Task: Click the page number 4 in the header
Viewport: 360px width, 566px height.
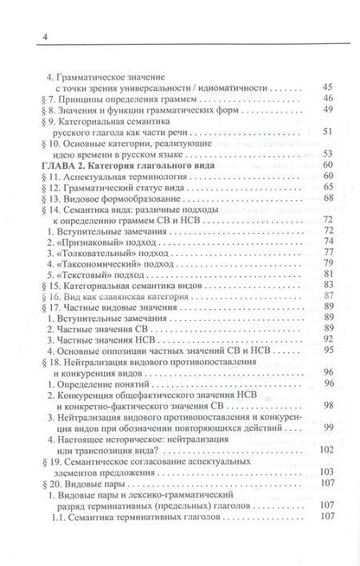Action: click(20, 11)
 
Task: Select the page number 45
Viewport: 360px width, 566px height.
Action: click(325, 87)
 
